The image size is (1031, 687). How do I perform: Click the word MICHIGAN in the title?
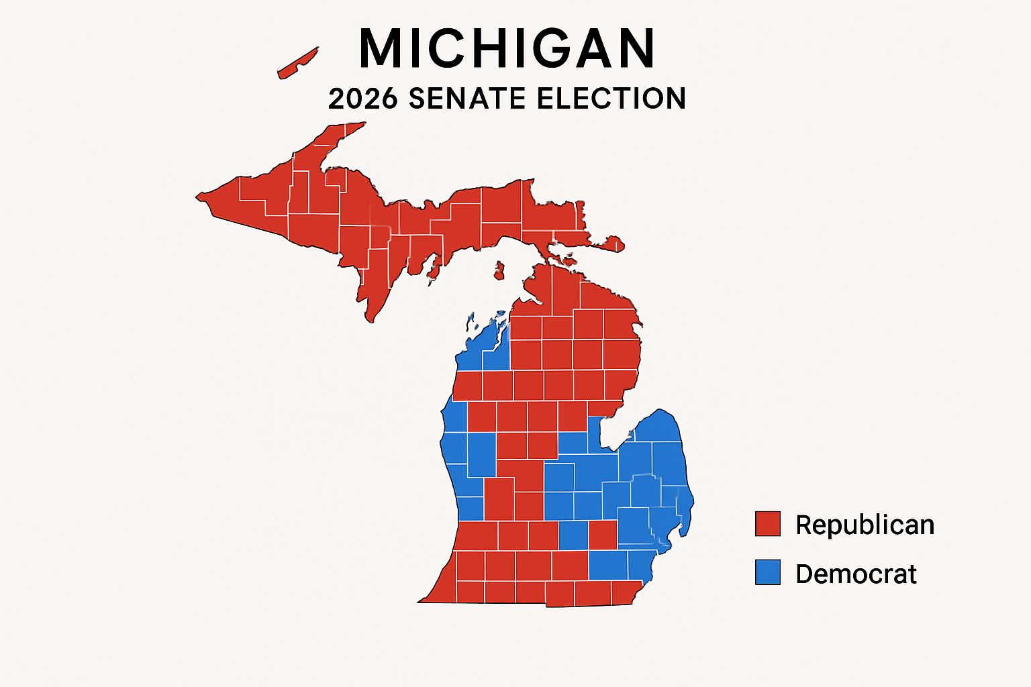tap(507, 48)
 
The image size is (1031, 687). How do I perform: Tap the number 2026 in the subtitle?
tap(363, 99)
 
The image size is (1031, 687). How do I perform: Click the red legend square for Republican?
tap(767, 524)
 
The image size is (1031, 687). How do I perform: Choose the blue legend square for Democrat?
tap(767, 572)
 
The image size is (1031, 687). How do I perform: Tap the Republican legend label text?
tap(865, 525)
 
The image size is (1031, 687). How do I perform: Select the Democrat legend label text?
tap(856, 574)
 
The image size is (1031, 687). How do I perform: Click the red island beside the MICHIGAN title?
tap(297, 64)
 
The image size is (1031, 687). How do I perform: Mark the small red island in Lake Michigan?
tap(499, 271)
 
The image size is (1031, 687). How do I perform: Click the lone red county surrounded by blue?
tap(603, 535)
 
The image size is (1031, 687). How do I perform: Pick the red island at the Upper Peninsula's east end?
tap(613, 244)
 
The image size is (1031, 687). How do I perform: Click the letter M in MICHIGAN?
tap(383, 48)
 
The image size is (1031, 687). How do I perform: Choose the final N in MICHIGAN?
tap(635, 48)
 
